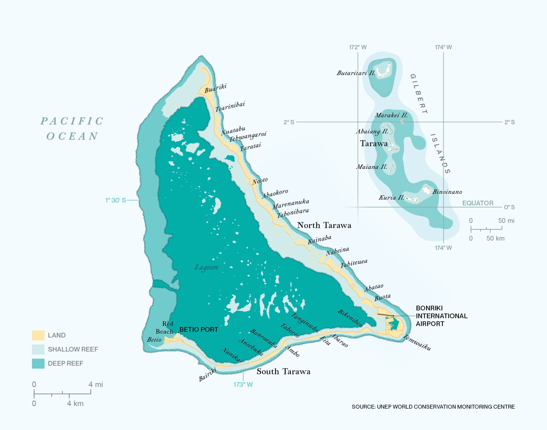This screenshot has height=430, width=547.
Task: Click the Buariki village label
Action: pyautogui.click(x=216, y=88)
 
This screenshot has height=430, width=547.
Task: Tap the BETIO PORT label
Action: pyautogui.click(x=199, y=330)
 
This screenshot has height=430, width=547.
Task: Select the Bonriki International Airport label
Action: pyautogui.click(x=441, y=316)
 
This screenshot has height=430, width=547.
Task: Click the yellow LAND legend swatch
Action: pyautogui.click(x=38, y=335)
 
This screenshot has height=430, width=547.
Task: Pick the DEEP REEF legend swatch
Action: pyautogui.click(x=38, y=363)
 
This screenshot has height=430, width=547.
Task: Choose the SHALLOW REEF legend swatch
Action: pyautogui.click(x=38, y=349)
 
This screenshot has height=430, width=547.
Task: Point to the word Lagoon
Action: pyautogui.click(x=206, y=267)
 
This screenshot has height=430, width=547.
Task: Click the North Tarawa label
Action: pyautogui.click(x=324, y=225)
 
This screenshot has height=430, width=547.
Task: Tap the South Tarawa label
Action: pyautogui.click(x=283, y=371)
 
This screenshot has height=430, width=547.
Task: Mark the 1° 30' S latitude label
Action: pyautogui.click(x=116, y=200)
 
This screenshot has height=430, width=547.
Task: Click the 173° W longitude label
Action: pyautogui.click(x=243, y=385)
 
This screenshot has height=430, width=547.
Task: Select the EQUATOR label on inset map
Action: pyautogui.click(x=478, y=203)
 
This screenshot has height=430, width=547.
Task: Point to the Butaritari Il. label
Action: pyautogui.click(x=356, y=73)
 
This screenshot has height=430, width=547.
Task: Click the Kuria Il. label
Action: pyautogui.click(x=391, y=197)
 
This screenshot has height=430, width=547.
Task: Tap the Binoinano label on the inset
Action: pyautogui.click(x=447, y=192)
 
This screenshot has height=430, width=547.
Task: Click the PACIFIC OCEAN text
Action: pyautogui.click(x=72, y=128)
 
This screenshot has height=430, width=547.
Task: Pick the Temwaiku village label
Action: pyautogui.click(x=417, y=342)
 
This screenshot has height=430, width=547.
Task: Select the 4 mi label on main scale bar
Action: pyautogui.click(x=95, y=385)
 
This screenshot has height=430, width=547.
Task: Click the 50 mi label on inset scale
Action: pyautogui.click(x=506, y=221)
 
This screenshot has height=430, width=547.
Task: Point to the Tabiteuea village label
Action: pyautogui.click(x=354, y=263)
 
